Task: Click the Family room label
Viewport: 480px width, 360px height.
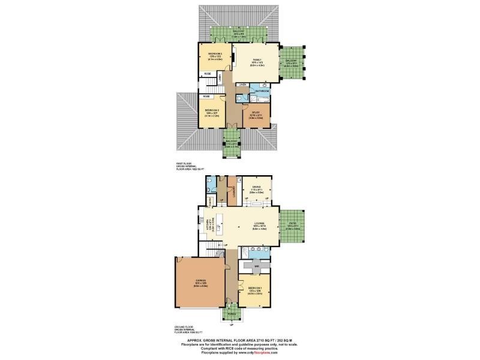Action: tap(256, 60)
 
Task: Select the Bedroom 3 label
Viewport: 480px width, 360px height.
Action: tap(212, 110)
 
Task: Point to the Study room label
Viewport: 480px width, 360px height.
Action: tap(255, 112)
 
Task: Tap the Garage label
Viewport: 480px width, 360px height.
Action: tap(200, 281)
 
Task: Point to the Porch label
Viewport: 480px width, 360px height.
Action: tap(232, 313)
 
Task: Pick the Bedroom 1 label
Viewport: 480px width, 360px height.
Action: tap(255, 287)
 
